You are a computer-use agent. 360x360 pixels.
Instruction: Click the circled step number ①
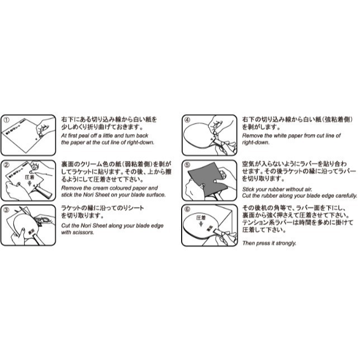[x=7, y=120]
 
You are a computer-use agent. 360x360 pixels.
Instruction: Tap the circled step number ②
[x=7, y=165]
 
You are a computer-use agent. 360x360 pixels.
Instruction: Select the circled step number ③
[x=7, y=210]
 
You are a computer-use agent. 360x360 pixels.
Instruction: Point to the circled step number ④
[x=188, y=120]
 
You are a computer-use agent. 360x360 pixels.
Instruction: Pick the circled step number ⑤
[x=188, y=165]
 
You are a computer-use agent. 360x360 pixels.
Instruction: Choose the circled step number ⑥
[x=188, y=210]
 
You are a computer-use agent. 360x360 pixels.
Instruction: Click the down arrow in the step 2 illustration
[x=30, y=183]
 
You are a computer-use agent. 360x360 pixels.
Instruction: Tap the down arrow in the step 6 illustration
[x=201, y=224]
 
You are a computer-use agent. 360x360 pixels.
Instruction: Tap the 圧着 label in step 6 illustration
[x=201, y=217]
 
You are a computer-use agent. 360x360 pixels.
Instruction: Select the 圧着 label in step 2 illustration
[x=30, y=177]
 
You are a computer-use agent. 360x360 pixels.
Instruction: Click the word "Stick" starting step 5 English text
[x=249, y=190]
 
